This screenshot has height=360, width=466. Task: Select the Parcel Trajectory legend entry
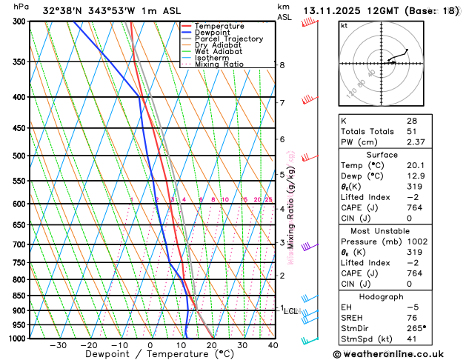(228, 39)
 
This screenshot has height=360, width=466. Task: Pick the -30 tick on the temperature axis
(58, 345)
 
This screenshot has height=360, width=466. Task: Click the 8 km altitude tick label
(282, 65)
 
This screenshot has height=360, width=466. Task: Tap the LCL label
(290, 311)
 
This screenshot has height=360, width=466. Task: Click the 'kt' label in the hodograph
(344, 26)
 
